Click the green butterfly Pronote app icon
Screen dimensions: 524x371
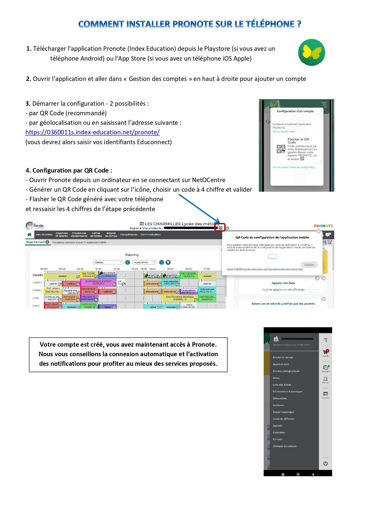312,53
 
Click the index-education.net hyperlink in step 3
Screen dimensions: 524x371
92,132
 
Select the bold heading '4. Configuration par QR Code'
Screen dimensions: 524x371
69,170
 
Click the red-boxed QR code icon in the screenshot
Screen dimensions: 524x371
220,228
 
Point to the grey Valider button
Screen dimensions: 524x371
309,265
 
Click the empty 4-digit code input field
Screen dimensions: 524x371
272,256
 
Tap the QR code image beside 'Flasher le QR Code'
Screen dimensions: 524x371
281,149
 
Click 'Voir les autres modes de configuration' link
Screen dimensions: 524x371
294,167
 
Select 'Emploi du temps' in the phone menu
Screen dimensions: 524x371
283,357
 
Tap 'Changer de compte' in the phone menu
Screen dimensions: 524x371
285,446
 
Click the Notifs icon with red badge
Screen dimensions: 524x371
326,352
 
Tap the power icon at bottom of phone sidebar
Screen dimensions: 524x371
326,463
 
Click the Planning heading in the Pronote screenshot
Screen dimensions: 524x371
132,255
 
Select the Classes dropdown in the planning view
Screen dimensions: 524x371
108,262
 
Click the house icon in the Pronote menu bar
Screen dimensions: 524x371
29,235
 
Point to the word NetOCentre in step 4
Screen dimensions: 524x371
208,180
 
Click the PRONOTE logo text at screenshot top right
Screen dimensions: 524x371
323,226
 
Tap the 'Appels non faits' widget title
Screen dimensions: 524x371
283,283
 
